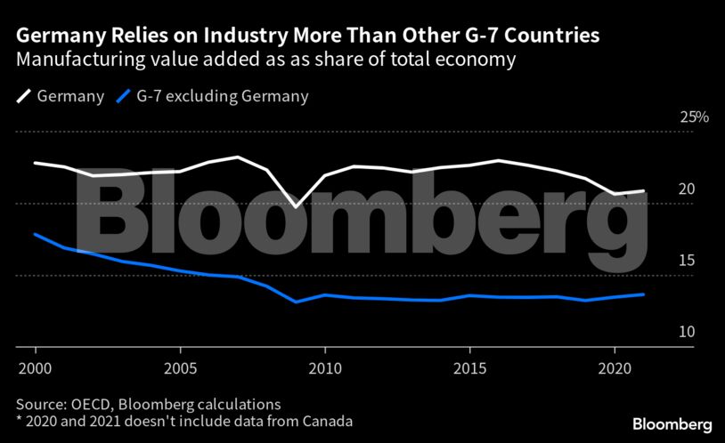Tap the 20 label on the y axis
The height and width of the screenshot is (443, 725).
(687, 189)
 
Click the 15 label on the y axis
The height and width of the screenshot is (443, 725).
(687, 261)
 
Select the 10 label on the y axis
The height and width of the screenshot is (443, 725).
(687, 332)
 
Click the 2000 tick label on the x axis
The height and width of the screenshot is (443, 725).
(35, 366)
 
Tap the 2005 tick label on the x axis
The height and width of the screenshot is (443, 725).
(180, 366)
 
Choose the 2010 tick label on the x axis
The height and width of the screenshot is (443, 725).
(325, 366)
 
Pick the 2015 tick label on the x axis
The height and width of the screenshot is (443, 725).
(469, 366)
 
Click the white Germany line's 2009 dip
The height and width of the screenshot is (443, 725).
(296, 207)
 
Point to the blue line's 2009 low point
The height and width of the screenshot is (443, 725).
(296, 302)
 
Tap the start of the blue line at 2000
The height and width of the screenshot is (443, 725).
(36, 234)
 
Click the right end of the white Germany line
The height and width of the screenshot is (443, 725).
(643, 191)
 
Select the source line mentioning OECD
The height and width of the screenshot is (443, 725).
(148, 403)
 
